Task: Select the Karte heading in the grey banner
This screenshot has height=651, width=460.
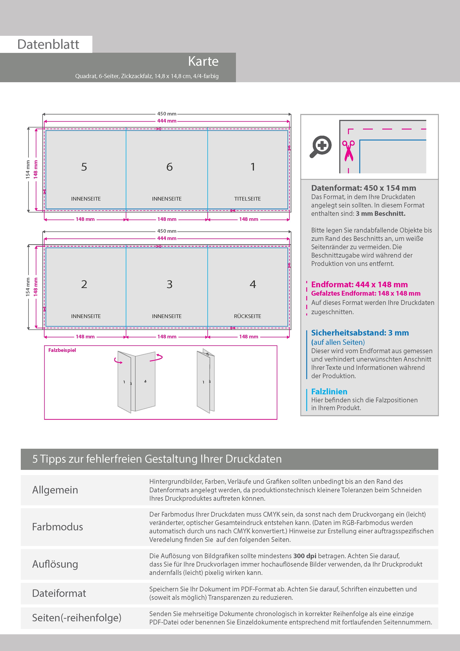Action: (203, 61)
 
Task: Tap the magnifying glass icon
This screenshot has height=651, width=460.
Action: (321, 146)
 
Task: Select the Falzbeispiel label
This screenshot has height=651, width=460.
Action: (62, 350)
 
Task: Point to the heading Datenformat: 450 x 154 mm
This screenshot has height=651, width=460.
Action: (363, 188)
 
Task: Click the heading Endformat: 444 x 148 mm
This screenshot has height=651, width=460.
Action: (359, 284)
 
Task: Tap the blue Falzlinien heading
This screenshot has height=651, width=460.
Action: (329, 392)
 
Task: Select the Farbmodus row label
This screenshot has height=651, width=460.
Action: (57, 527)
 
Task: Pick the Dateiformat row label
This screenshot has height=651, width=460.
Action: (59, 593)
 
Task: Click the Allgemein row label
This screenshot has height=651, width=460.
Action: (55, 490)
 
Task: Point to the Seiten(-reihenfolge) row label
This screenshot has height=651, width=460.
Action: (77, 618)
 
